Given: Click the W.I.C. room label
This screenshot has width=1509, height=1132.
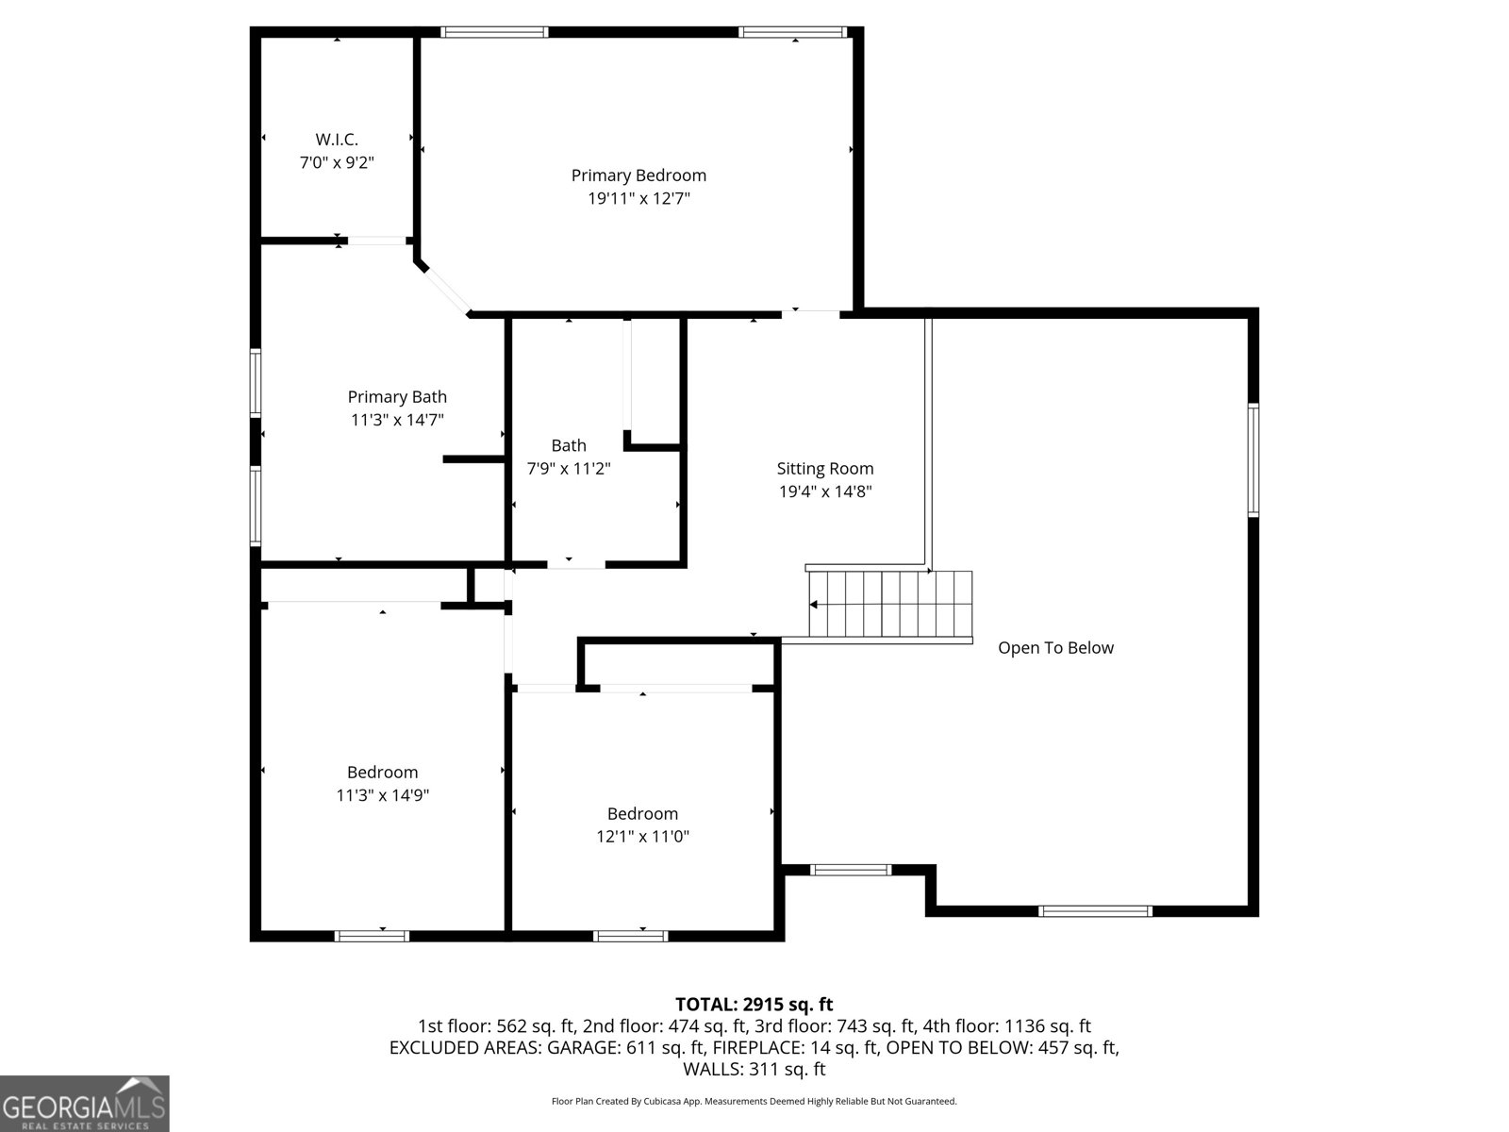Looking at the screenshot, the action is (337, 140).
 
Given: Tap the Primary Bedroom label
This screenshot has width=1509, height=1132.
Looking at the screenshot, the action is (638, 175).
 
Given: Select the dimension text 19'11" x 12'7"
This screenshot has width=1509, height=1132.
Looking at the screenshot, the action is (638, 199).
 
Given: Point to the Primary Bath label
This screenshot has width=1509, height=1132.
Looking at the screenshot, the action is (397, 396).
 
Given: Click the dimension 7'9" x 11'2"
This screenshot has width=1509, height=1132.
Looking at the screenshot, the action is (569, 469).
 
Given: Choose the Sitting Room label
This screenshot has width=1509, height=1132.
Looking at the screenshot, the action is (825, 469).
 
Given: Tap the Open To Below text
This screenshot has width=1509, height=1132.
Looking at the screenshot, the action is (1055, 648).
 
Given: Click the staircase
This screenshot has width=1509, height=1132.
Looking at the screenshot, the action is (890, 604).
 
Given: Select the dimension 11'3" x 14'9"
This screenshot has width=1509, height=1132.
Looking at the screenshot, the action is (382, 795).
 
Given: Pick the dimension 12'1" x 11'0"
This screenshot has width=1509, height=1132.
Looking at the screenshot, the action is (642, 837).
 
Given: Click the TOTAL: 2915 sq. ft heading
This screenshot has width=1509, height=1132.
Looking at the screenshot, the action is (754, 1004).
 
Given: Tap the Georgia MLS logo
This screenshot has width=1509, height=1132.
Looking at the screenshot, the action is (84, 1103).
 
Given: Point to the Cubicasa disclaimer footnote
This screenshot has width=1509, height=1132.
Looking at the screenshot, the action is (754, 1101).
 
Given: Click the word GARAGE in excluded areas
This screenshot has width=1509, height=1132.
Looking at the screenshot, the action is (584, 1047).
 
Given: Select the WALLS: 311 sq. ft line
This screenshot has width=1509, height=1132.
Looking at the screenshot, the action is (754, 1069).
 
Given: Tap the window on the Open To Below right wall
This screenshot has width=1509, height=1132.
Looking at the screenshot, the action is (1253, 459).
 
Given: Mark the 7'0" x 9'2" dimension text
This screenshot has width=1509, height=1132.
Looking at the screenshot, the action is (337, 163).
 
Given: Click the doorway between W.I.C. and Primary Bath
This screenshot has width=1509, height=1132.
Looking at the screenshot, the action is (376, 241).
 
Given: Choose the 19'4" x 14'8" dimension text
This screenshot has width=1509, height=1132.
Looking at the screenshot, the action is (825, 491).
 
